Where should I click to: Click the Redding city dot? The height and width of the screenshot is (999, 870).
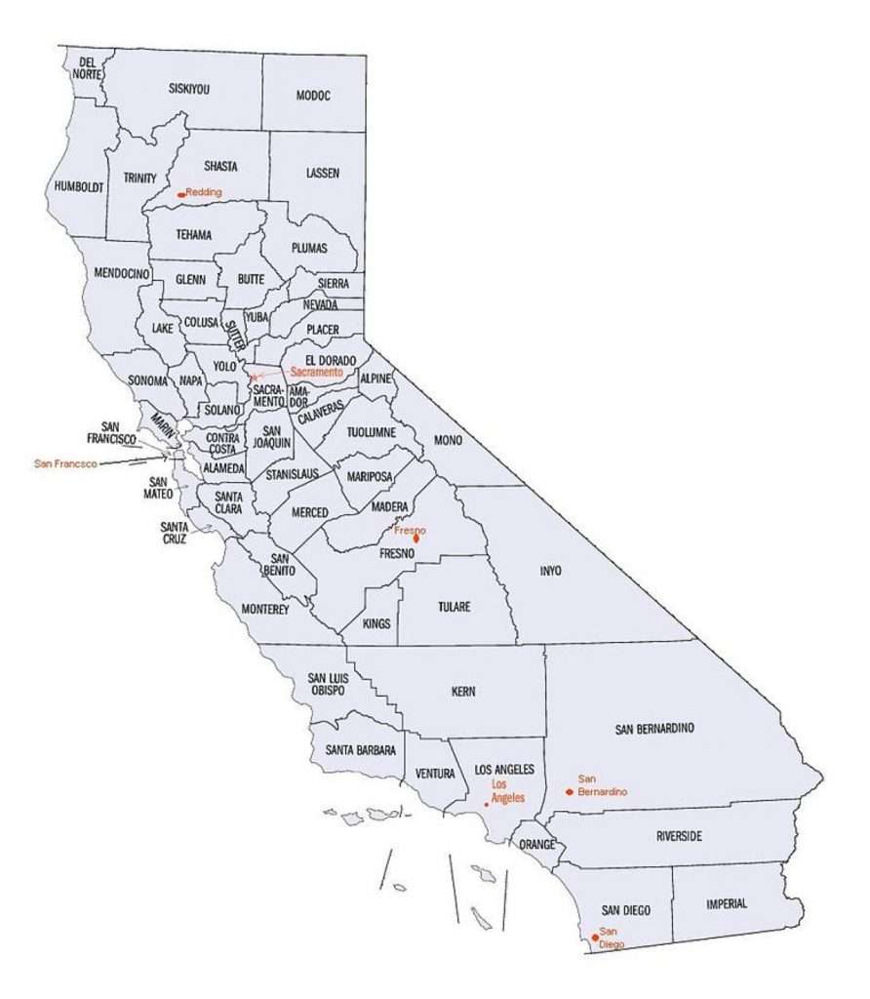(x=181, y=194)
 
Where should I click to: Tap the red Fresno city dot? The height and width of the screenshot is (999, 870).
(x=416, y=538)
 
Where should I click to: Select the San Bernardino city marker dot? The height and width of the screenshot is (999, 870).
(x=569, y=791)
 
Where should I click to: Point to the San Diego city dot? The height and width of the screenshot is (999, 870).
(x=595, y=938)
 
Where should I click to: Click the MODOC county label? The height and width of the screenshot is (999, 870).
(x=313, y=96)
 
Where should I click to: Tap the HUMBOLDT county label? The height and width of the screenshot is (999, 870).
(x=78, y=186)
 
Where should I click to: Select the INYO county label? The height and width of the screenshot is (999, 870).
(x=551, y=571)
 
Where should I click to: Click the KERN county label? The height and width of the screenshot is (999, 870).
(x=463, y=692)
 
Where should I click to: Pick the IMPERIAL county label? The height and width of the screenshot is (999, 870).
(x=727, y=904)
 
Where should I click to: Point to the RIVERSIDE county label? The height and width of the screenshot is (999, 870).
(x=679, y=836)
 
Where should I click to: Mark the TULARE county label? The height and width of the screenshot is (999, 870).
(x=454, y=607)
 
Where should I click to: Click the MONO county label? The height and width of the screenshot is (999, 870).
(x=448, y=441)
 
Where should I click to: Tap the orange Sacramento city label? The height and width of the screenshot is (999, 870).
(x=317, y=372)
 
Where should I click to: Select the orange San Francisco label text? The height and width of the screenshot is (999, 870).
(x=65, y=463)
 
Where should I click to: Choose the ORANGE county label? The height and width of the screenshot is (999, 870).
(x=536, y=844)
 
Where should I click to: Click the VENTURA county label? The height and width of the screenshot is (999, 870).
(x=435, y=774)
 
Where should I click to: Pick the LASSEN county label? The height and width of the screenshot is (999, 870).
(x=323, y=174)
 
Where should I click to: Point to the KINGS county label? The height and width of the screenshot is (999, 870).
(x=376, y=622)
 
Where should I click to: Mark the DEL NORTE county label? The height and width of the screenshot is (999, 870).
(x=87, y=67)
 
